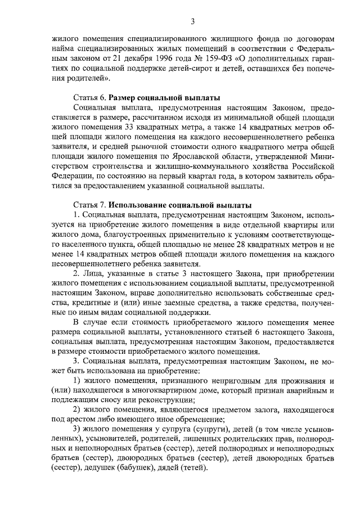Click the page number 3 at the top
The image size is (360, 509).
[x=192, y=22]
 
